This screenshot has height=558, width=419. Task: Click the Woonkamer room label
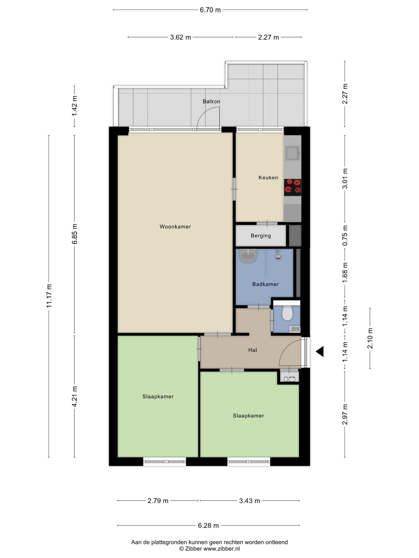point(175,227)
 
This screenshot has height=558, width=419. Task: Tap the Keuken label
point(268,178)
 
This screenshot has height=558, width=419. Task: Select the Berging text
point(261,236)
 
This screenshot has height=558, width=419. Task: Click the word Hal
point(253,350)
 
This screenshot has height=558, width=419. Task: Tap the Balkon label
point(211,101)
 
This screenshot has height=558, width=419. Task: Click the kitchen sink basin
point(293,153)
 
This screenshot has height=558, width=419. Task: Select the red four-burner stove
point(293,188)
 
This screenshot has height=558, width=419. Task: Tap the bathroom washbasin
point(248,255)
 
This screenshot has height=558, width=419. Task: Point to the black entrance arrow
point(320,351)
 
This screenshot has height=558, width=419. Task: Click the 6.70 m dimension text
point(210,10)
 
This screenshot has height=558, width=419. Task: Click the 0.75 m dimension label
point(345,236)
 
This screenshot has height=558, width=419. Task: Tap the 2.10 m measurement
point(370,338)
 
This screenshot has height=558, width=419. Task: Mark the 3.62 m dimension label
point(180,37)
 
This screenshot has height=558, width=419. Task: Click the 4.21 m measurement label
point(74,396)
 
